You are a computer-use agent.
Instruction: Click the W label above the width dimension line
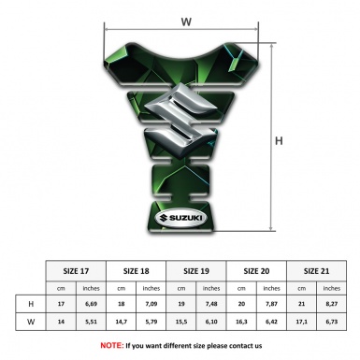click(x=186, y=22)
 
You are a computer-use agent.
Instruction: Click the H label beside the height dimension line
click(x=279, y=141)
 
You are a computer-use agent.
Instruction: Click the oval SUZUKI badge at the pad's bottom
click(x=181, y=218)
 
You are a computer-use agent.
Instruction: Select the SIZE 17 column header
click(x=76, y=271)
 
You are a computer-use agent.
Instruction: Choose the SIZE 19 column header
click(x=196, y=271)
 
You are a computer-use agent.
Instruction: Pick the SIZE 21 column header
click(x=316, y=271)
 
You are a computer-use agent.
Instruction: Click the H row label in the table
click(x=31, y=304)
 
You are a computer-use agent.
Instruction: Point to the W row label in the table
click(x=31, y=322)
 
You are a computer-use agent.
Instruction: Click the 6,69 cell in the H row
click(x=91, y=304)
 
